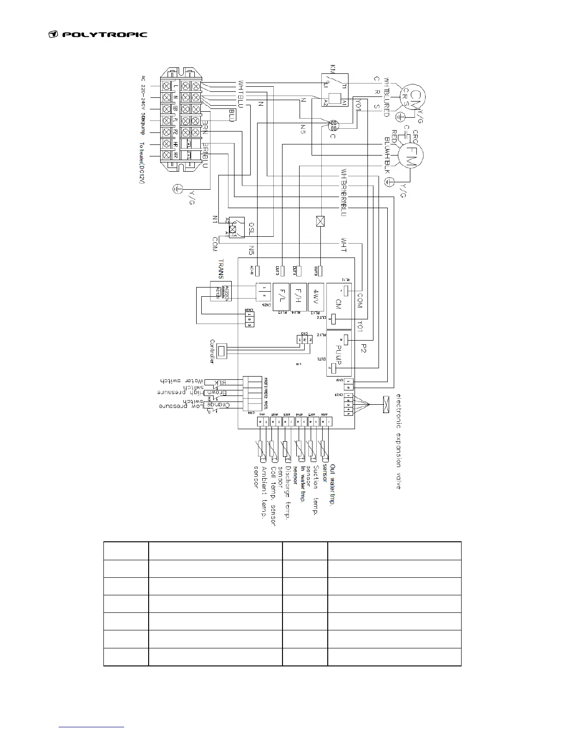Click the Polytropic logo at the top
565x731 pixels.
98,34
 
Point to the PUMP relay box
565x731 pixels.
339,353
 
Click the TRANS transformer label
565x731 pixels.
221,269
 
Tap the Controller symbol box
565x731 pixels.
222,351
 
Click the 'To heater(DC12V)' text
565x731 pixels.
142,164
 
